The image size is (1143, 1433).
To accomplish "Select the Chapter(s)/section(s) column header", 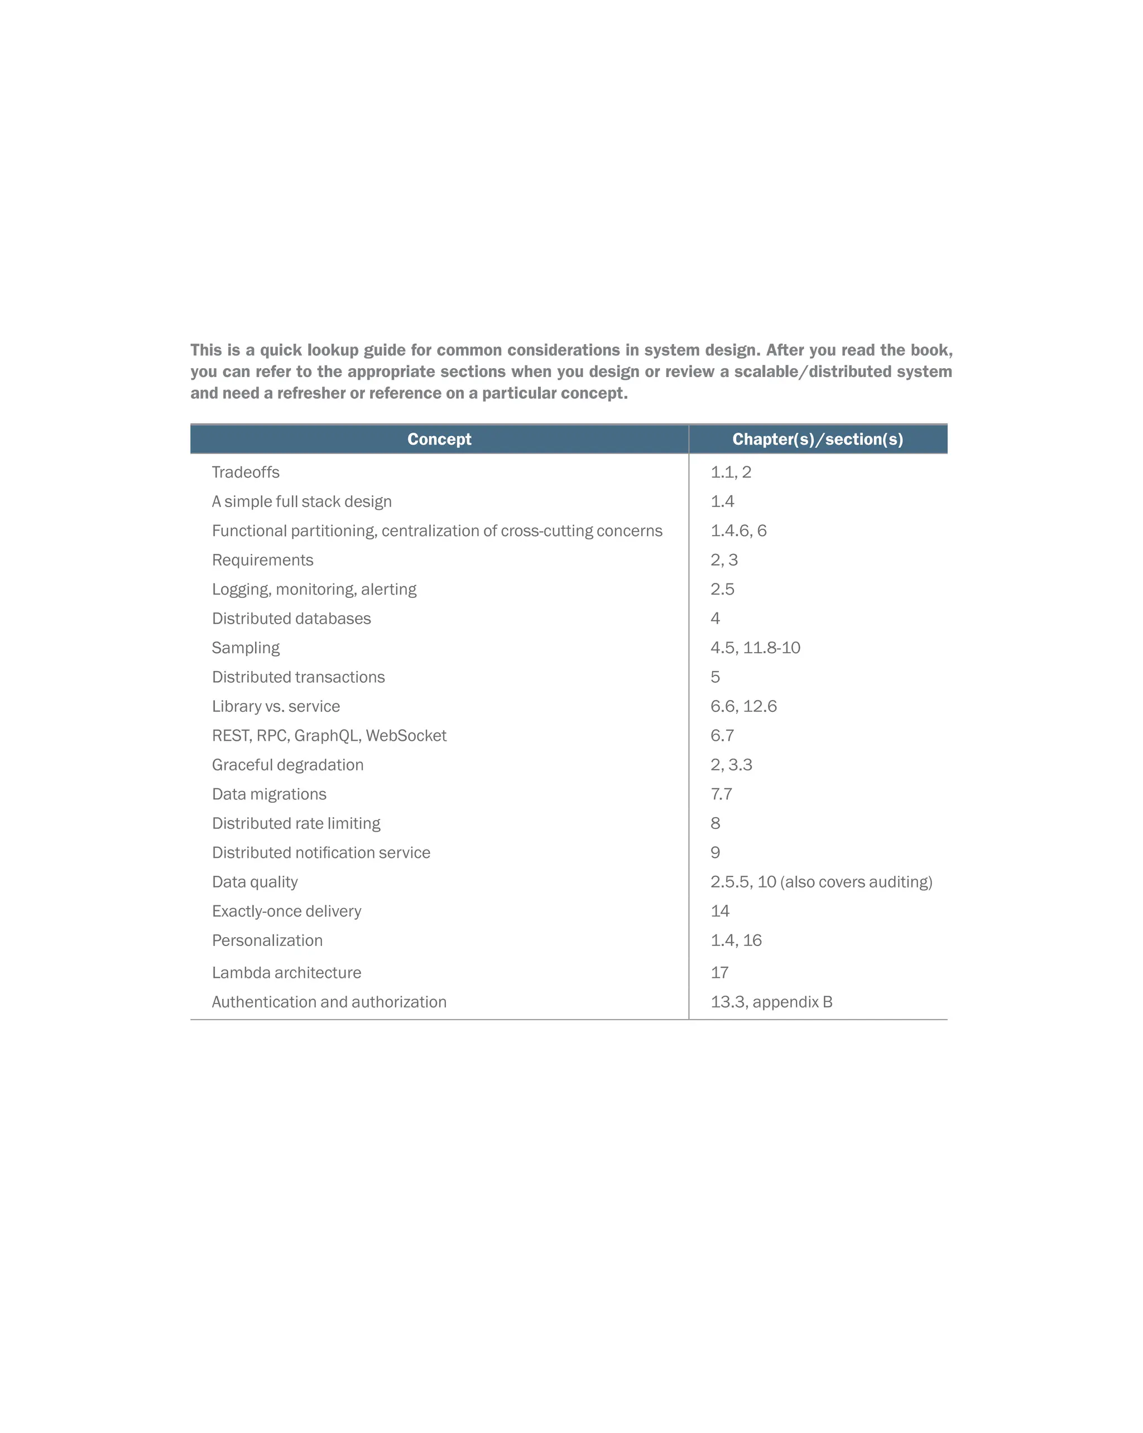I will coord(817,440).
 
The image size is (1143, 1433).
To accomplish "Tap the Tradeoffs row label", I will coord(246,472).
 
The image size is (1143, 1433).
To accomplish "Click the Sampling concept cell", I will coord(246,648).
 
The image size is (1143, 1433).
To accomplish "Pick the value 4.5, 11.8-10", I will coord(755,648).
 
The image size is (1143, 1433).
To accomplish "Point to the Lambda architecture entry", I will coord(286,973).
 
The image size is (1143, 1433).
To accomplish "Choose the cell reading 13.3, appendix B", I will coord(771,1002).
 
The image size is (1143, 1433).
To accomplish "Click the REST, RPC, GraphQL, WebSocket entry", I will coord(329,736).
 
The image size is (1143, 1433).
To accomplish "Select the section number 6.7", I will coord(722,736).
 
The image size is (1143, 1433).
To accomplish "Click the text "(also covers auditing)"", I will coord(857,882).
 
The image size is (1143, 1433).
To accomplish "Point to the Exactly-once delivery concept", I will coord(286,911).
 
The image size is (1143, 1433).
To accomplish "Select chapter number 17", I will coord(719,973).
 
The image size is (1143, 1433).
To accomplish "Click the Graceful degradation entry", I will coord(287,765).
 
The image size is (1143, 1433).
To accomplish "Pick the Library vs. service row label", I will coord(275,707).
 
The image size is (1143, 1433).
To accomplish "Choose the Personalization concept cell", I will coord(267,940).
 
